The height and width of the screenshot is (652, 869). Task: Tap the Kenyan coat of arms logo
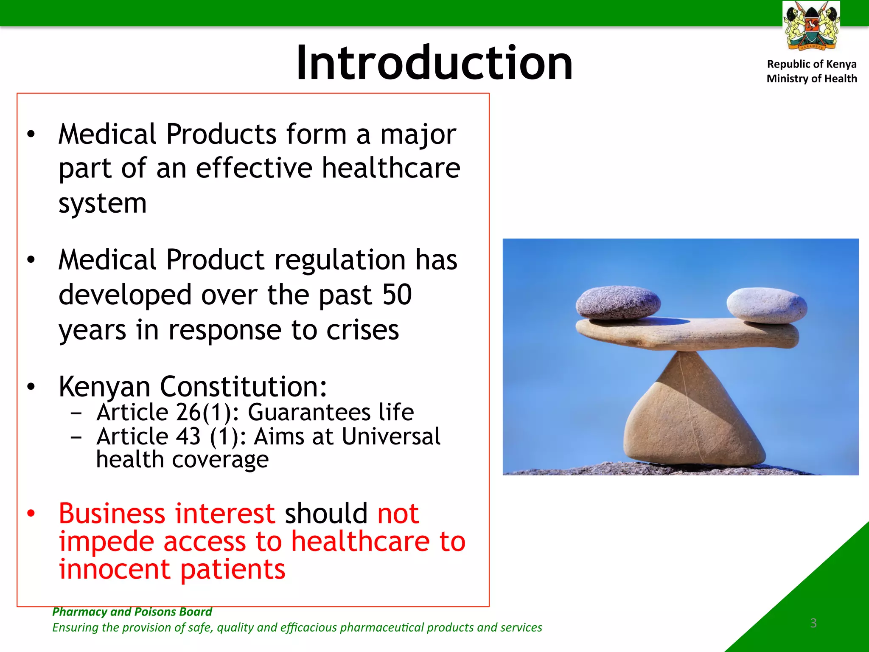(811, 26)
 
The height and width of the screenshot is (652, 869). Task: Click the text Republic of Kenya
(811, 64)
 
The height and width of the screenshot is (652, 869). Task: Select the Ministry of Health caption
(811, 79)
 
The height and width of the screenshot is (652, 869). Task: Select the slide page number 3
(813, 623)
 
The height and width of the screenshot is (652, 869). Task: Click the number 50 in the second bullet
(397, 295)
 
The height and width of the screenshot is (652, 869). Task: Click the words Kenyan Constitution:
(193, 386)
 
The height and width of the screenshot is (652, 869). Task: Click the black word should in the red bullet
(326, 513)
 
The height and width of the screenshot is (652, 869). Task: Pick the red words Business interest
(167, 513)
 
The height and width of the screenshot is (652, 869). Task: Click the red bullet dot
(31, 514)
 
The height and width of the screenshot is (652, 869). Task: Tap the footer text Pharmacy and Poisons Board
(132, 612)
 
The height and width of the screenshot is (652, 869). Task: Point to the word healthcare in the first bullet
(391, 168)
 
